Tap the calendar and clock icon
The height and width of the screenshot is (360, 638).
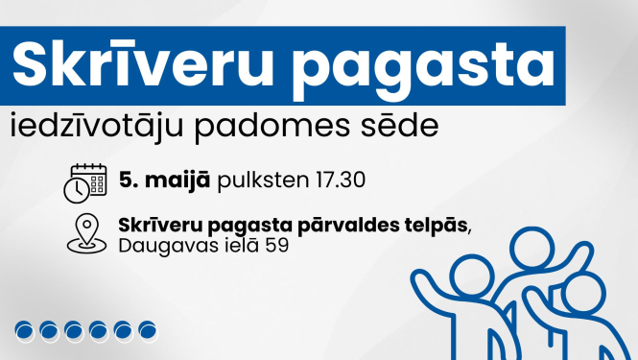(84, 182)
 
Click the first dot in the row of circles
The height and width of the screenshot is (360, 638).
(24, 332)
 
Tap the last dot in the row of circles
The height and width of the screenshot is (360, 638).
(148, 332)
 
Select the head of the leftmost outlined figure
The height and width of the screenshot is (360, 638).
(471, 272)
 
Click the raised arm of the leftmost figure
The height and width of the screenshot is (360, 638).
(425, 282)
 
